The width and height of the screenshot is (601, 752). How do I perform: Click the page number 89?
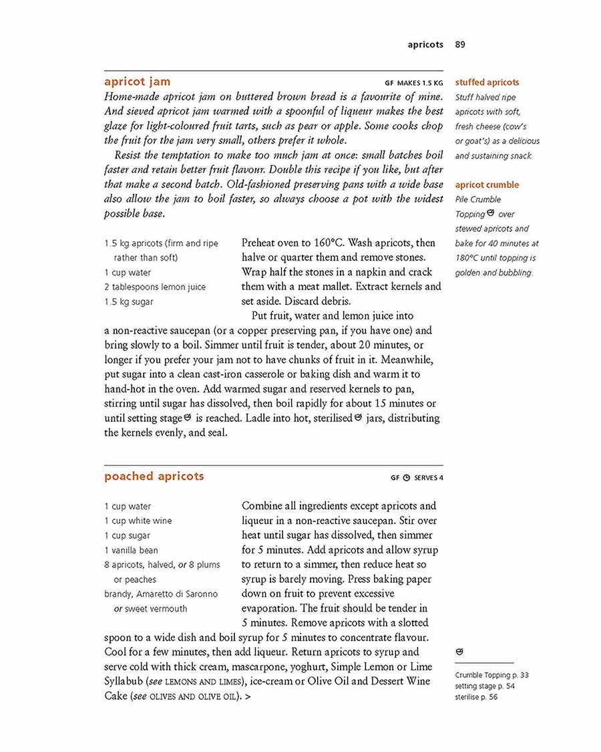tap(460, 45)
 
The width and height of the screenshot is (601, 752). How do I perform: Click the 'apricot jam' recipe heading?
tap(137, 82)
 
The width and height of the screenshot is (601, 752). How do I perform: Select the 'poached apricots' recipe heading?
tap(154, 477)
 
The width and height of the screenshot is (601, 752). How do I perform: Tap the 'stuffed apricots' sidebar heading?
tap(487, 83)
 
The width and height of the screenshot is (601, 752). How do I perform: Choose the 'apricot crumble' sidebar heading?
tap(487, 185)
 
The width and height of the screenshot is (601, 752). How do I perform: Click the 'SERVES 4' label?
tap(428, 478)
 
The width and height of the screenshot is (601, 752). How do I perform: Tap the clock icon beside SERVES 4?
tap(406, 478)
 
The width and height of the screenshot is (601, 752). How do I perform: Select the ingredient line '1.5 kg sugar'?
tap(128, 301)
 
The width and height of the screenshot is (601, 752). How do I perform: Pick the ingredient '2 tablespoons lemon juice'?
tap(155, 287)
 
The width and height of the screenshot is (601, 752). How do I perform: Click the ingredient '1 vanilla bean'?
tap(131, 550)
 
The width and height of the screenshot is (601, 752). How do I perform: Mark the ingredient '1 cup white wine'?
tap(138, 521)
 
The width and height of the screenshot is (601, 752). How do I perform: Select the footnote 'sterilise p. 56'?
tap(476, 697)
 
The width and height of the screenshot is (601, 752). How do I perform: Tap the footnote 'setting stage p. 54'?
tap(485, 686)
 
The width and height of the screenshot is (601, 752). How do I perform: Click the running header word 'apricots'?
tap(425, 45)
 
